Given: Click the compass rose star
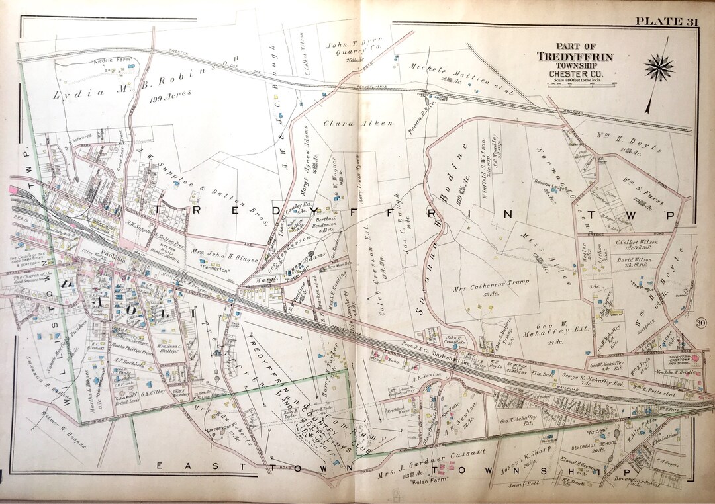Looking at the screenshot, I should point(659,66).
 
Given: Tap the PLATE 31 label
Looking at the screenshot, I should point(667,22).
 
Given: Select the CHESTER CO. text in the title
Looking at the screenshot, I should point(574,73).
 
